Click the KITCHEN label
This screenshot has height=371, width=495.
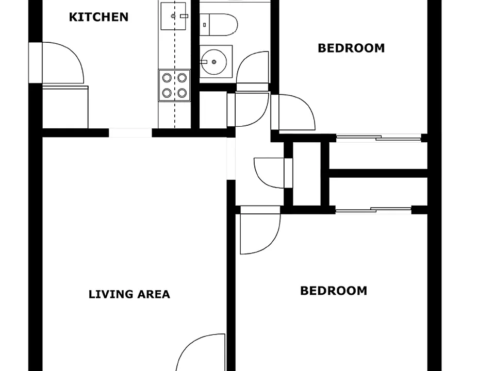(x=98, y=17)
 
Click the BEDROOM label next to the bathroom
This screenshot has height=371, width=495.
(x=351, y=48)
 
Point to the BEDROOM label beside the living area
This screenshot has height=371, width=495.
(x=334, y=291)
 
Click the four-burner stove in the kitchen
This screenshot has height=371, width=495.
(x=174, y=86)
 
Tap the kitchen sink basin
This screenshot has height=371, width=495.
(x=173, y=16)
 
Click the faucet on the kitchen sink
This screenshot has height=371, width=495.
(x=184, y=16)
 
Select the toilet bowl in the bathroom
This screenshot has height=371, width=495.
(x=223, y=25)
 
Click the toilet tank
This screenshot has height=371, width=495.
(x=205, y=25)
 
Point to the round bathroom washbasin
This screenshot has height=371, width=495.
(x=214, y=62)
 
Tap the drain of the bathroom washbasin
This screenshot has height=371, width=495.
(x=214, y=62)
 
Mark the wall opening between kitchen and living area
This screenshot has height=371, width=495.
(x=130, y=133)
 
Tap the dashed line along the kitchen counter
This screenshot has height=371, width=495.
(x=175, y=64)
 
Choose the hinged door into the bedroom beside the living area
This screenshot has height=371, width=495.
(x=260, y=230)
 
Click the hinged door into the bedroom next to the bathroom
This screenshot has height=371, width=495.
(x=293, y=112)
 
